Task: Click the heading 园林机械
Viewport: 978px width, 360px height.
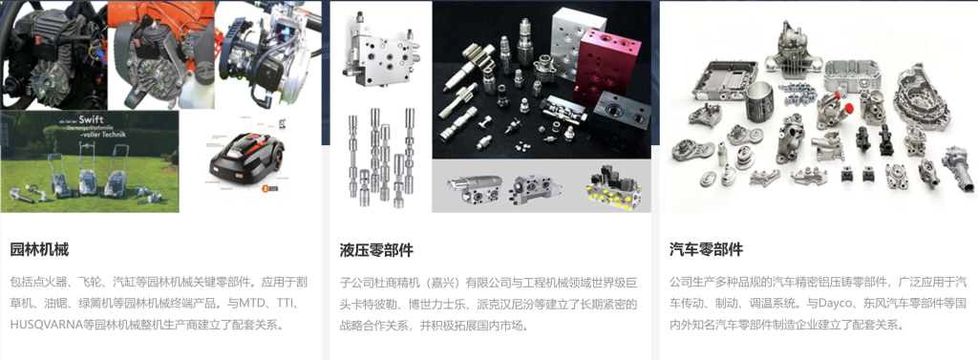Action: pos(40,249)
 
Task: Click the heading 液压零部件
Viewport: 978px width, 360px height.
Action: pos(376,250)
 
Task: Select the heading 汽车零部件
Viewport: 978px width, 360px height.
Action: pos(706,250)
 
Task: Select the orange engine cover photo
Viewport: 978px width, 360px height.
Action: pos(161,54)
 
